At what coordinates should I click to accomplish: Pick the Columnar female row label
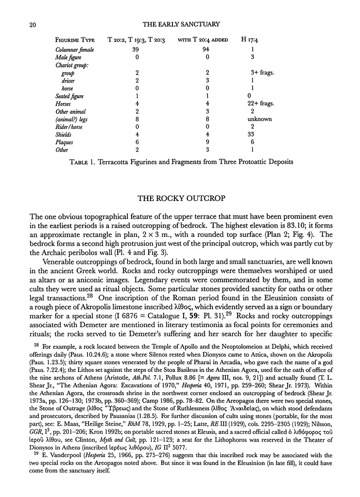click(74, 49)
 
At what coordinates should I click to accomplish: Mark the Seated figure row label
click(69, 96)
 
